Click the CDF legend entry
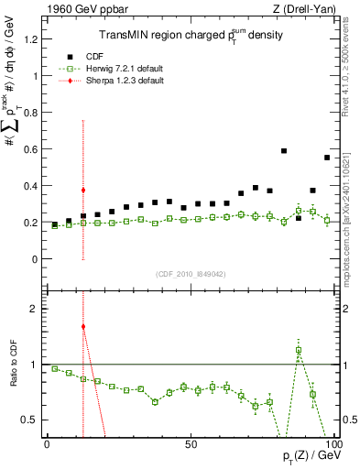[x=107, y=56]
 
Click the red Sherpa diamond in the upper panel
[x=83, y=190]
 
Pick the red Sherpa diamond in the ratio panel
[x=83, y=326]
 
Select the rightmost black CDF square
[x=327, y=158]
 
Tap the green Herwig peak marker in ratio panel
[x=299, y=350]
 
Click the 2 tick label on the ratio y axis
[x=34, y=309]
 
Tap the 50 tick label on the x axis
[x=190, y=444]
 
